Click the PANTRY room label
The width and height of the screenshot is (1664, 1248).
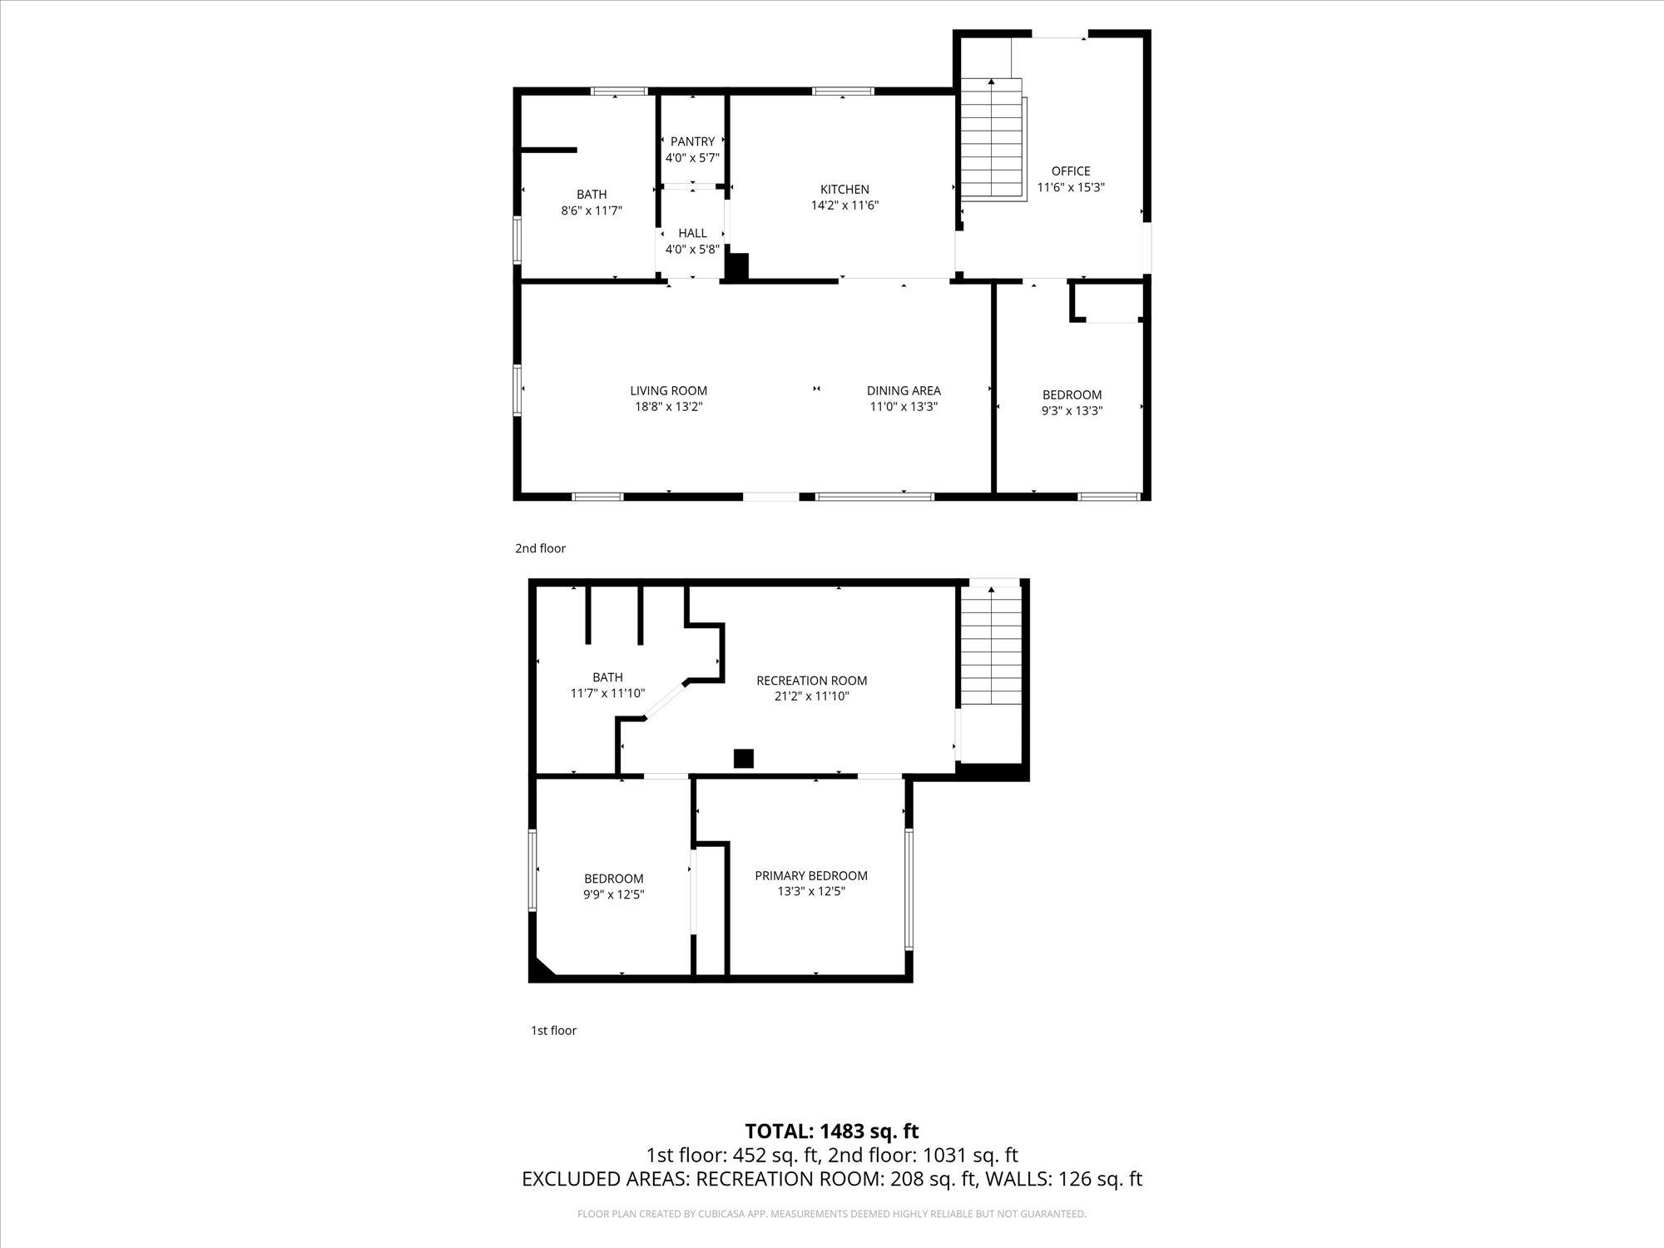(692, 141)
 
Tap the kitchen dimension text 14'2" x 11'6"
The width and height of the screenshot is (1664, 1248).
(844, 206)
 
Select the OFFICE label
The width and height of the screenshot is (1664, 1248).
(1071, 171)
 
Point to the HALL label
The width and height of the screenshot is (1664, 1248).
(692, 233)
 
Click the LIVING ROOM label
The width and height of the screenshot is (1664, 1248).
(668, 390)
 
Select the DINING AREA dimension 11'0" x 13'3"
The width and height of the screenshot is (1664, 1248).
(904, 407)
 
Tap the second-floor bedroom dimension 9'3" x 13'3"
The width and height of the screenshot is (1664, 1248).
(1072, 411)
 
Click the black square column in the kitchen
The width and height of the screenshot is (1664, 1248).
(737, 265)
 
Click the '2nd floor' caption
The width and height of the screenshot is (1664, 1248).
(540, 548)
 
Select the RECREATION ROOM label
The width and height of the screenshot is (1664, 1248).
(811, 681)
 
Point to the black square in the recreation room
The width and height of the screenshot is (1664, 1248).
(743, 758)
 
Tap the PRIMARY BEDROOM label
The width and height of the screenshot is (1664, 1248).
(811, 875)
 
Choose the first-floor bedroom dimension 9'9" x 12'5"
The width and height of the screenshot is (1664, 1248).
(614, 894)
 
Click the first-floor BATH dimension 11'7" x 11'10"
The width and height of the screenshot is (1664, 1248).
(607, 693)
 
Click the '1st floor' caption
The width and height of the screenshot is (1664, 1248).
(553, 1030)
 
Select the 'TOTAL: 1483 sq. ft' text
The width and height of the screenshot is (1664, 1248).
(831, 1131)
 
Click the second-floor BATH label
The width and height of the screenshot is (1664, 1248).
(592, 195)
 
